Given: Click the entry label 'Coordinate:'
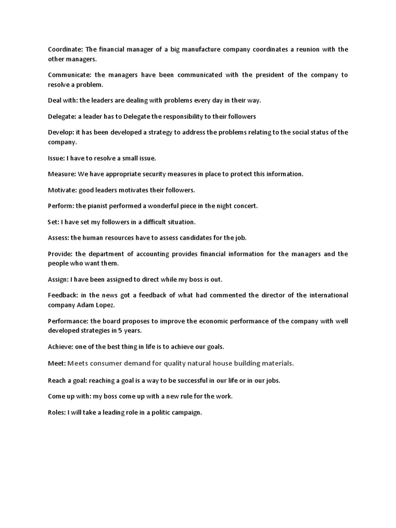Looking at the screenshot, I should tap(65, 49).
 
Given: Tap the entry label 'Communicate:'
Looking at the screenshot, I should tap(69, 75).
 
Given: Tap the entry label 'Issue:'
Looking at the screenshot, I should tap(57, 158).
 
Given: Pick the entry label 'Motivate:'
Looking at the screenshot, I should tap(62, 190).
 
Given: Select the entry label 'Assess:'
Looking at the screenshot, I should tap(58, 238).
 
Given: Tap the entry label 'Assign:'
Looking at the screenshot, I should tap(58, 279).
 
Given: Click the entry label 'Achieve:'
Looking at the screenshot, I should tap(60, 346).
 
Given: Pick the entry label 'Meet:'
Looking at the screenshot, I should tap(57, 364).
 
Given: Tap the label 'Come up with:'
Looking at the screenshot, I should tap(69, 397).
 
